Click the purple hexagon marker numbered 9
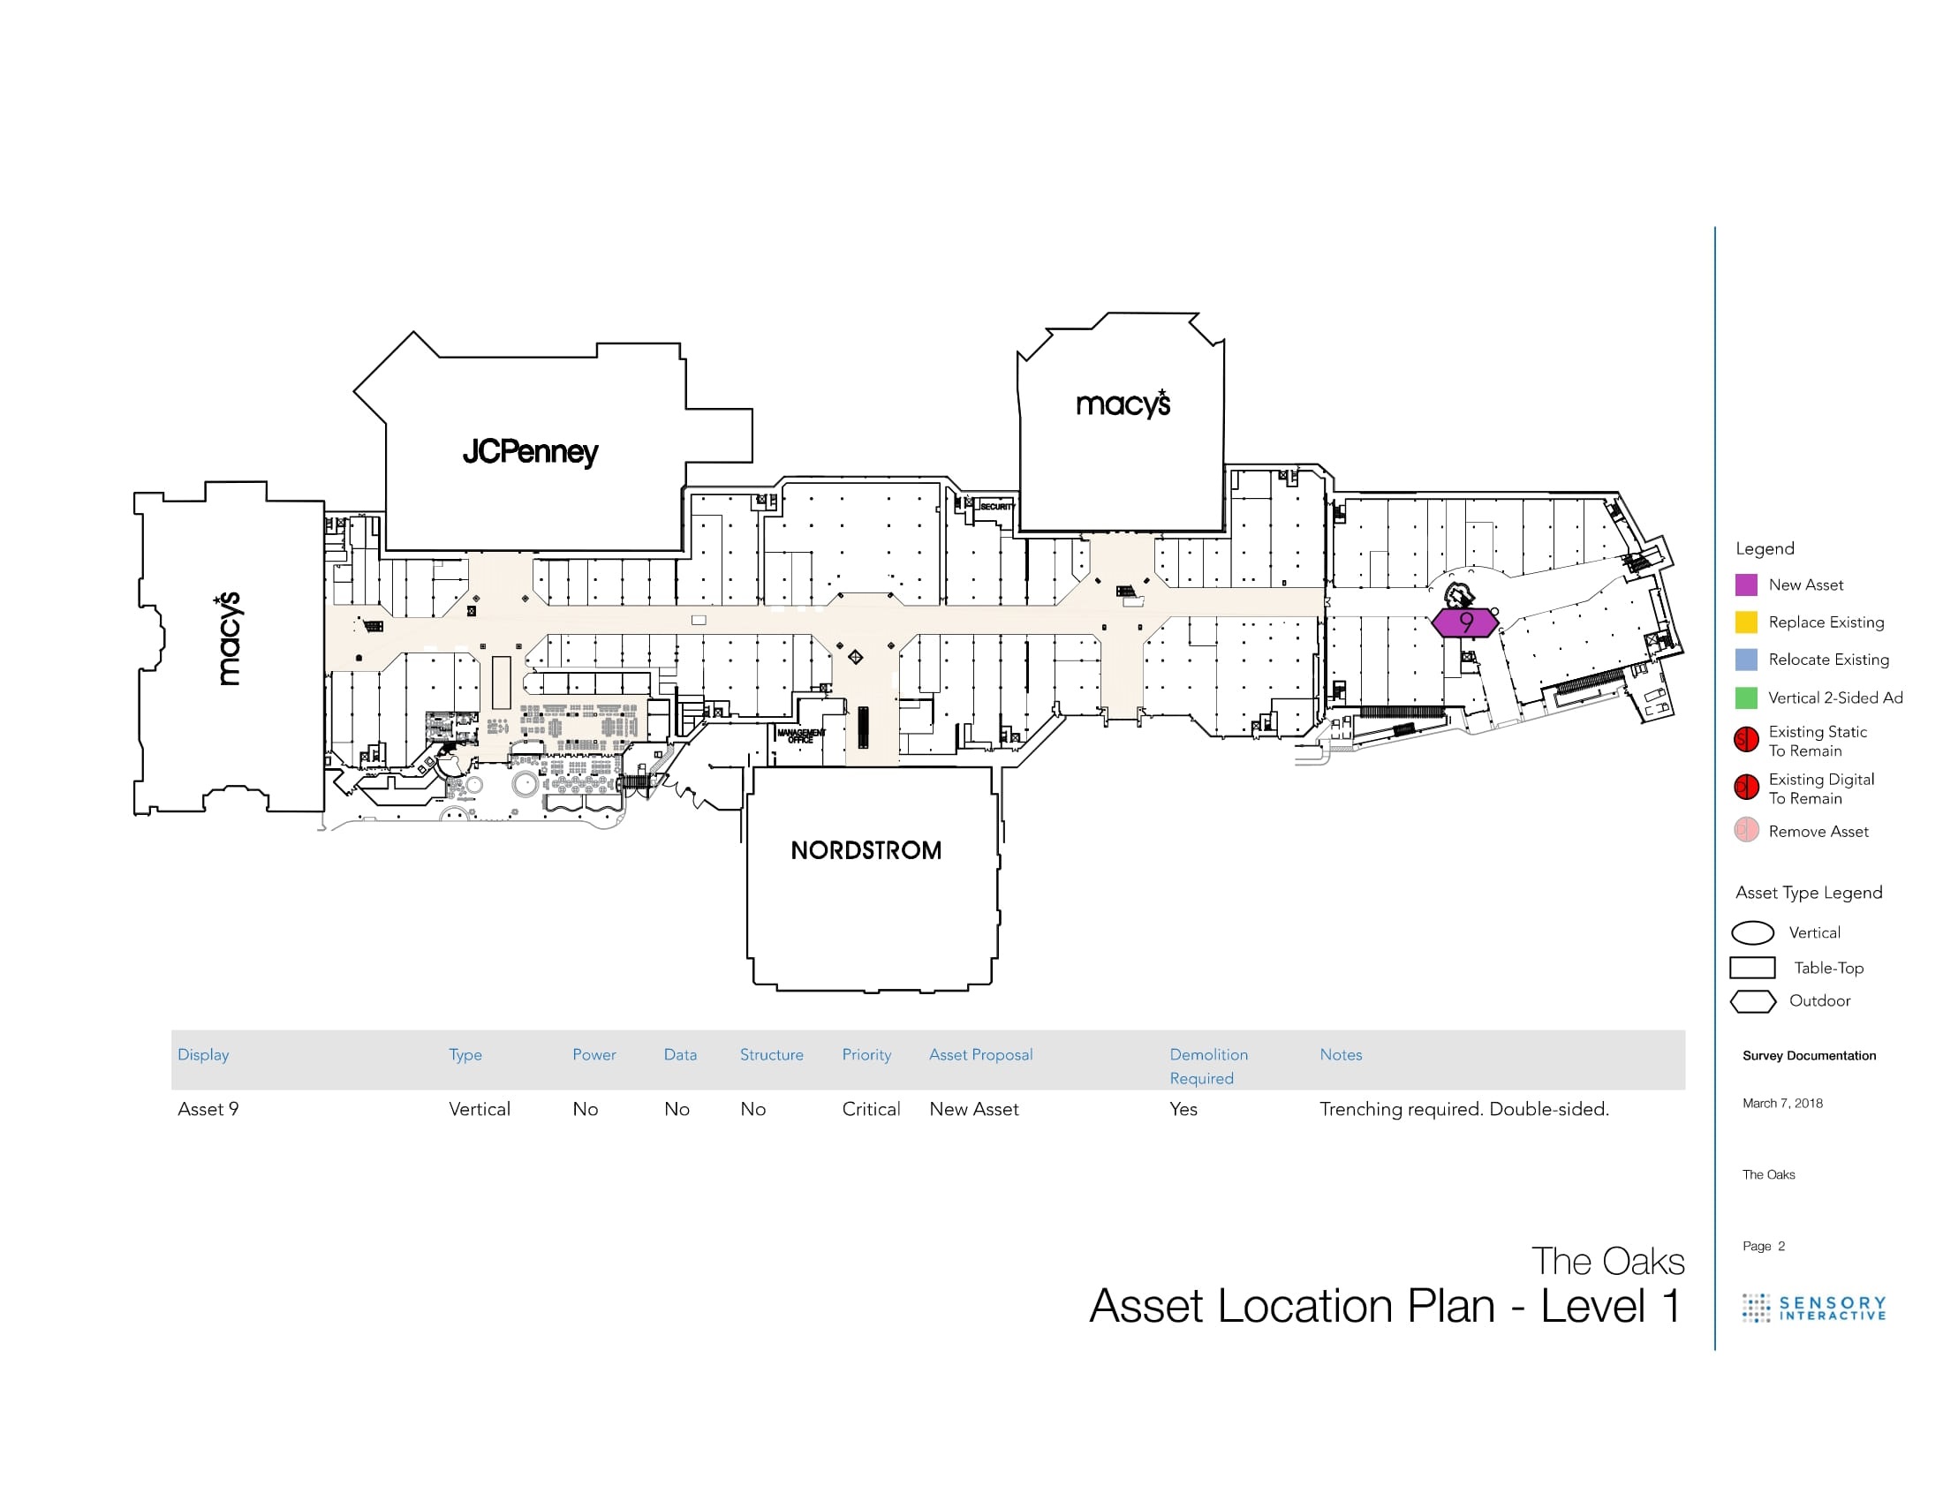1464,622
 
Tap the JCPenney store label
530,452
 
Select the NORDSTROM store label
866,850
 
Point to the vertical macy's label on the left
229,638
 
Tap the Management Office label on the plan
801,735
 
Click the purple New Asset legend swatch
1745,585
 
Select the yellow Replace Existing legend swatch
1745,622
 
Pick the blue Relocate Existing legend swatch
1745,659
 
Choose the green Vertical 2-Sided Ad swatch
1745,698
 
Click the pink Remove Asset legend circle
1745,830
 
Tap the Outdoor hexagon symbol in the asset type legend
1752,1001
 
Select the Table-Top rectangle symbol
1751,967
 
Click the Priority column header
866,1054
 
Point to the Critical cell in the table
871,1109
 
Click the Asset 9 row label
208,1109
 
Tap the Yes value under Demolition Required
1183,1109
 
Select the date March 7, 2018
1782,1104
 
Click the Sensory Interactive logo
1813,1308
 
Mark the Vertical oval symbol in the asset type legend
1752,932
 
